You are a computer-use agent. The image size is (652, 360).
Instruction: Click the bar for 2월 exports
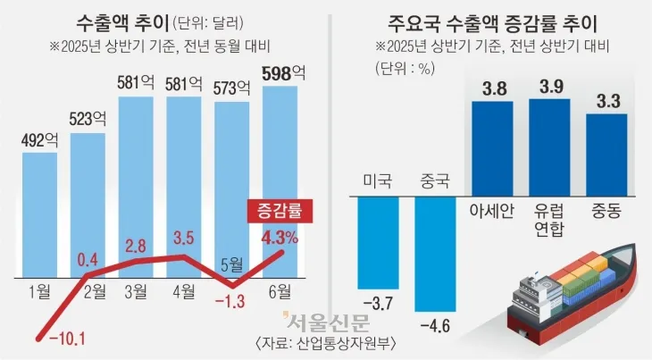[88, 205]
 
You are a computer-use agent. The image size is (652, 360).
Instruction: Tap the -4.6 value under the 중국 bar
[435, 322]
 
